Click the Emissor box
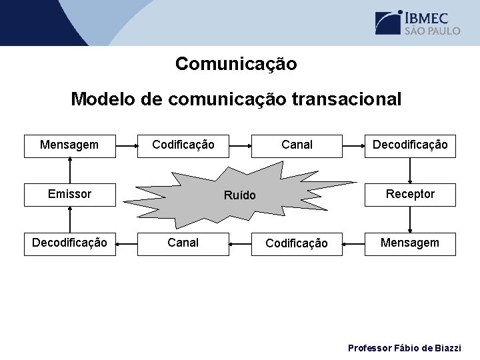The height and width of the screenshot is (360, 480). point(69,194)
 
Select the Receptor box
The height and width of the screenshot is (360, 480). point(410,194)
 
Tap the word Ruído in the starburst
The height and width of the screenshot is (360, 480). point(239,195)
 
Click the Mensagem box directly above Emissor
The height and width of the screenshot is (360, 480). point(69,145)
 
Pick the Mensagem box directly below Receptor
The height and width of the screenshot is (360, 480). point(410,243)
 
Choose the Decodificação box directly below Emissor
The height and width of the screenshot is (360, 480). point(69,243)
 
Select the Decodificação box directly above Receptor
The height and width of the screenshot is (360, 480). point(410,145)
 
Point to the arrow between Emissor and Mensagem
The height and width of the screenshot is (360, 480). point(69,169)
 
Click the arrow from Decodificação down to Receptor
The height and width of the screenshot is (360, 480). point(410,169)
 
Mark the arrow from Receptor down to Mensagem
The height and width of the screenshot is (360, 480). point(410,219)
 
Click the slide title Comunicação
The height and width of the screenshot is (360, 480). point(236,64)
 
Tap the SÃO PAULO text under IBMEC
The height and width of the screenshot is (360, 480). point(431,31)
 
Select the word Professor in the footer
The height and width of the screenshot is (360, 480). point(370,348)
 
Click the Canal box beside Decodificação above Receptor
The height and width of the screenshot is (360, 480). point(297,145)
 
